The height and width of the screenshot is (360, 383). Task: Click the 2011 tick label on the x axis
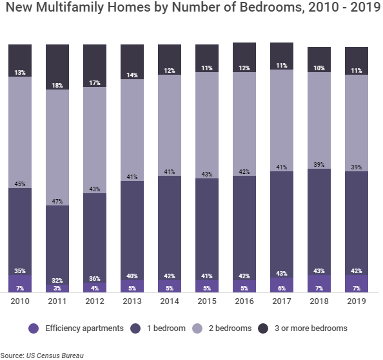tap(57, 301)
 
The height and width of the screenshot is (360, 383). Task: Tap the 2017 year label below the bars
tap(282, 301)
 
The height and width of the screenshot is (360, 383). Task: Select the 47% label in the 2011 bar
tap(57, 202)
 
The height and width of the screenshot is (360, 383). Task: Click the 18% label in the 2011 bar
tap(57, 86)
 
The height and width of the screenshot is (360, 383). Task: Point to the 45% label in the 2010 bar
tap(20, 184)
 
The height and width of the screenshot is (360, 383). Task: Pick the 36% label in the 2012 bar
tap(95, 279)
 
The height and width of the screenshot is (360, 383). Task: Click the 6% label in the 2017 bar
tap(282, 288)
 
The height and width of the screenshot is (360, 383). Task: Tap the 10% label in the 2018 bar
tap(319, 68)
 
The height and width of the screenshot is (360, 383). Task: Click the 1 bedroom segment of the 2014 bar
tap(170, 225)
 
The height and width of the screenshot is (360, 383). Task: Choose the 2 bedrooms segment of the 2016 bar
tap(244, 122)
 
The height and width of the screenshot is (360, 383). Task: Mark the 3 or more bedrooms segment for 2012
tap(95, 64)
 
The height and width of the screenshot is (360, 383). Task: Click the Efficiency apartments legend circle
tap(35, 328)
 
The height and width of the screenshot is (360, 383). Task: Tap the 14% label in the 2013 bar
tap(132, 75)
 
